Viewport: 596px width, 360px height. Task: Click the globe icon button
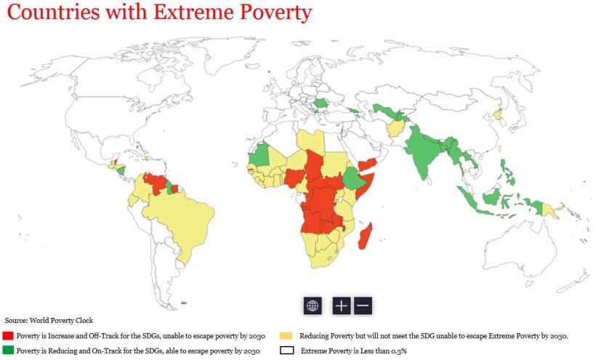click(x=313, y=305)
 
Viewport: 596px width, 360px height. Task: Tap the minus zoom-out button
click(x=363, y=305)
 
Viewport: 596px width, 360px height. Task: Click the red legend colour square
click(x=8, y=336)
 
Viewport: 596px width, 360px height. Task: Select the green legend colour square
click(x=8, y=351)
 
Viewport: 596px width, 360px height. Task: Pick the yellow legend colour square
click(x=286, y=336)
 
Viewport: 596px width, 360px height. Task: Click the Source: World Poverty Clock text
click(x=49, y=320)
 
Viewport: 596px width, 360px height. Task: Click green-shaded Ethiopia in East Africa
click(x=353, y=177)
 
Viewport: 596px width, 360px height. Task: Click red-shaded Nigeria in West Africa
click(x=295, y=177)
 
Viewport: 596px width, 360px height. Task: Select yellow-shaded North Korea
click(x=498, y=114)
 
